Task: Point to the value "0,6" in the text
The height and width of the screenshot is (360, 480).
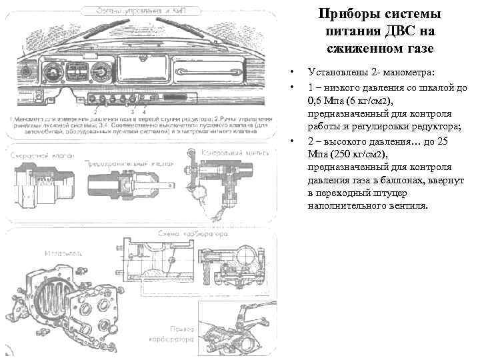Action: (316, 101)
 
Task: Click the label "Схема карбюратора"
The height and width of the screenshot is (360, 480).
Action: (185, 234)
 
